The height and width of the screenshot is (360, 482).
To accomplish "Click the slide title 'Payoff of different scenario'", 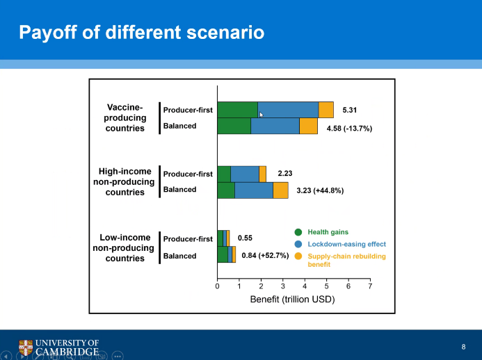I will coord(141,33).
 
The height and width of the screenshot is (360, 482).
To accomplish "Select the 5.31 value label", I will coord(349,110).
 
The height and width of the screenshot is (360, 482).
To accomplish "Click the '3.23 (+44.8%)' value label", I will coord(320,190).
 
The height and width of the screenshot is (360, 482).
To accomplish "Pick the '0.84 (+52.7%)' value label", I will coord(265,255).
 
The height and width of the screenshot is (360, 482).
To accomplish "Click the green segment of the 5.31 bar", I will coord(237,109).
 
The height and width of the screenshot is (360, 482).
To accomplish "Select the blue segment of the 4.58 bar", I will coord(275,126).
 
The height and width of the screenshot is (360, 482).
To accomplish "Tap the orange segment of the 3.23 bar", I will coord(280,190).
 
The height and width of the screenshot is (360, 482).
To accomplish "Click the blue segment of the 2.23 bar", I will coord(244,174).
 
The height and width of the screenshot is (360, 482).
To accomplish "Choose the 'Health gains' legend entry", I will coord(328,232).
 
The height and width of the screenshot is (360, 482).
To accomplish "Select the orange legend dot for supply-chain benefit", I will coord(298,256).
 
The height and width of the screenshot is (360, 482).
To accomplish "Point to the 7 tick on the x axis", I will coord(370,286).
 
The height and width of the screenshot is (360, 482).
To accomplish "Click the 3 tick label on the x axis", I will coord(283,286).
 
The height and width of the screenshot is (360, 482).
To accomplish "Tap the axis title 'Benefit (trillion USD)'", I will coord(292,300).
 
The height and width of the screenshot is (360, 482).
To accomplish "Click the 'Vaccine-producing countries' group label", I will coord(125,117).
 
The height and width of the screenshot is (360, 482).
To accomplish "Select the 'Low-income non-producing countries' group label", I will coord(125,248).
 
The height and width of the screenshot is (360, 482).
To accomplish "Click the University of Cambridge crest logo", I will coord(26,347).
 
